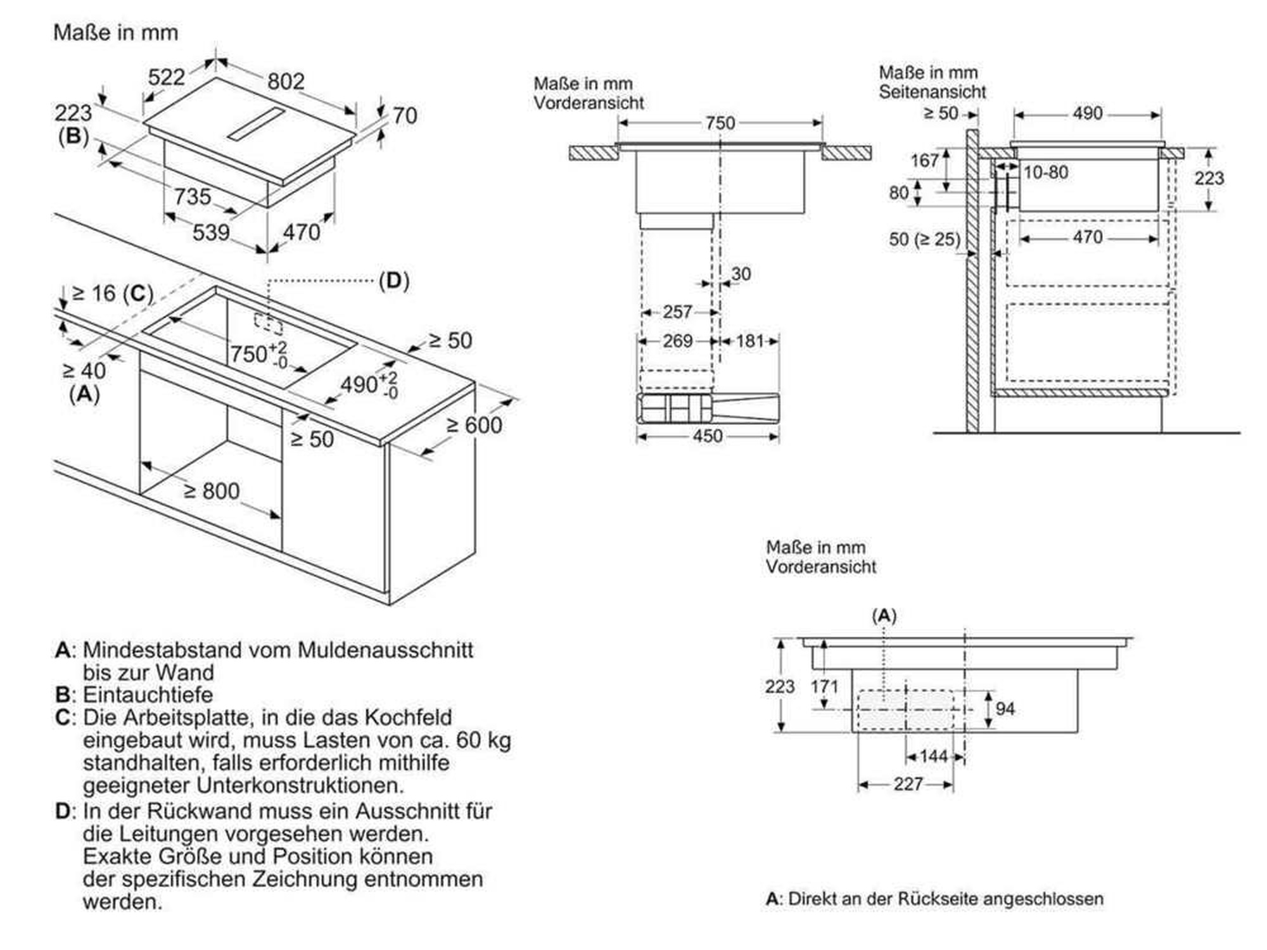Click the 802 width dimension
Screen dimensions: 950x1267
[286, 81]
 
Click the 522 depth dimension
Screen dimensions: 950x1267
[166, 77]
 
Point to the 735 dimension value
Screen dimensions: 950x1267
[192, 196]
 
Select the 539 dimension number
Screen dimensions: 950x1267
[211, 232]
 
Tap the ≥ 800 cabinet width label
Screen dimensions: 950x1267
[211, 491]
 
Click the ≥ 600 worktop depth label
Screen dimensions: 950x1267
[474, 425]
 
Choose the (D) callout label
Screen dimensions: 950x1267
[393, 281]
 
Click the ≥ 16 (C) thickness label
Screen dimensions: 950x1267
[112, 293]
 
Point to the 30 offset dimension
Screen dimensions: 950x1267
[741, 274]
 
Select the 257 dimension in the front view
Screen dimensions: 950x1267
[677, 312]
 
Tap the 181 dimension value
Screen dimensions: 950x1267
[750, 341]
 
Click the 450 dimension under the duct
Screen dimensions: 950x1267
[707, 436]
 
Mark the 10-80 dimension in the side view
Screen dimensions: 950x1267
[1045, 172]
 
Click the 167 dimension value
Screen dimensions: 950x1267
[924, 160]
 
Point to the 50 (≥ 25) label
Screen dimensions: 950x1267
[924, 239]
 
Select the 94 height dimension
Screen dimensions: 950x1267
[1005, 709]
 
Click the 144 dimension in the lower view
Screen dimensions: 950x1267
[934, 756]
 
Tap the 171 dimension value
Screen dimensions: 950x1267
[824, 687]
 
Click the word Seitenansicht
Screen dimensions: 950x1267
[932, 92]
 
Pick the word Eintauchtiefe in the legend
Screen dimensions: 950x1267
[148, 695]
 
